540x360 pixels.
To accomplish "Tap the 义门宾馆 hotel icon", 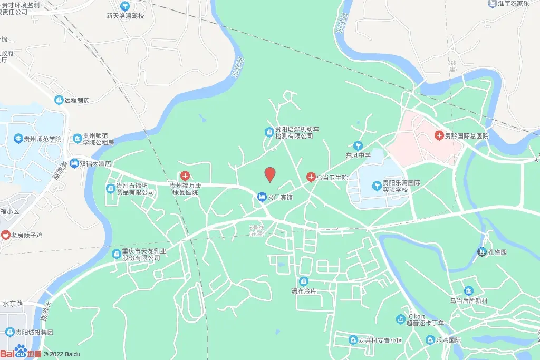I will click(x=262, y=197).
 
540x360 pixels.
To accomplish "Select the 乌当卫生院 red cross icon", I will click(x=311, y=177).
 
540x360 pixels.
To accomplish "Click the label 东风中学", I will click(x=358, y=155).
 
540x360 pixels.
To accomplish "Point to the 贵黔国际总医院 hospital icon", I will click(x=439, y=135).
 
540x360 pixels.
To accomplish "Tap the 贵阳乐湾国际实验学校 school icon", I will click(x=377, y=186).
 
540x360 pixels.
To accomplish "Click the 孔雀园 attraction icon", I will click(x=481, y=252).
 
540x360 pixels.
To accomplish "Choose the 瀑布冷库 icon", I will click(x=303, y=282).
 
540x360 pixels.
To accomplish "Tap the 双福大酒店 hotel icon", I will click(x=75, y=163).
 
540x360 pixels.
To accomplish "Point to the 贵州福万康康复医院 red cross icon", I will click(x=185, y=175).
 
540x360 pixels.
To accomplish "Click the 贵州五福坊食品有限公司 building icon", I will click(x=111, y=188).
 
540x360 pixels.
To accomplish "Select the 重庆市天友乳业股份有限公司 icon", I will click(x=117, y=254).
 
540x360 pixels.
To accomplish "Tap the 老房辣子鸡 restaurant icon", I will click(x=5, y=235).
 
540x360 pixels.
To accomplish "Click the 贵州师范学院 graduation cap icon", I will click(x=18, y=139).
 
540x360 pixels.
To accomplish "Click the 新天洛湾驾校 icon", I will click(x=125, y=6).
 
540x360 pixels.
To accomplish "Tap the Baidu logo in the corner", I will click(x=20, y=353).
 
